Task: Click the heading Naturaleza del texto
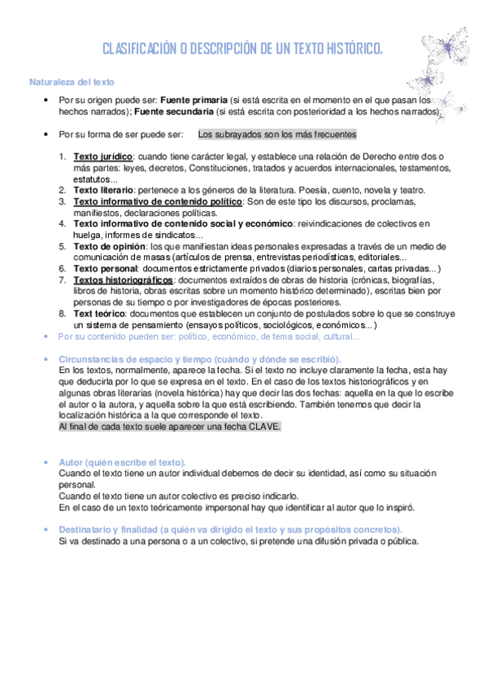(x=72, y=82)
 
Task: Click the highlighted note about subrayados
(x=277, y=134)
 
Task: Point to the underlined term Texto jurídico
(x=102, y=156)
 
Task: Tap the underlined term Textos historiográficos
(x=123, y=279)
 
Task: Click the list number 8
(x=63, y=313)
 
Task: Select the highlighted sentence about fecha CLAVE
(x=170, y=427)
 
